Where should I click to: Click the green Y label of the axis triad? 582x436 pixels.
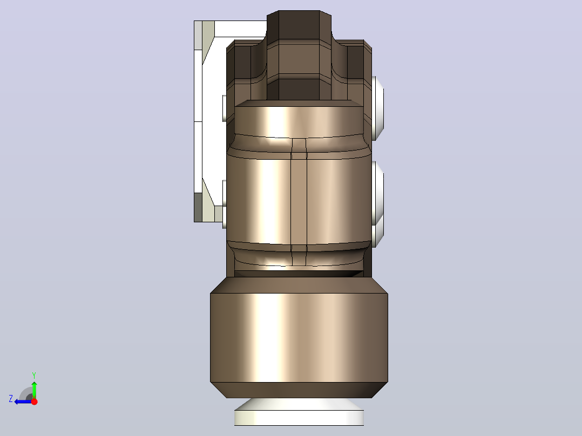[34, 375]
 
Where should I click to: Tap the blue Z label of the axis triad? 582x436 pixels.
[11, 399]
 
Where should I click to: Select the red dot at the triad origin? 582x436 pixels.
[34, 401]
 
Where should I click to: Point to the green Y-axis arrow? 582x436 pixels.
[34, 390]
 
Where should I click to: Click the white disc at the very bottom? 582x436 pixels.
[299, 412]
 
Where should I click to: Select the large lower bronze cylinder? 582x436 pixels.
[299, 337]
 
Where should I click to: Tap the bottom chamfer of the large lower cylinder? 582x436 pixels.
[299, 390]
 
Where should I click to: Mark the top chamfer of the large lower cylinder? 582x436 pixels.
[299, 285]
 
